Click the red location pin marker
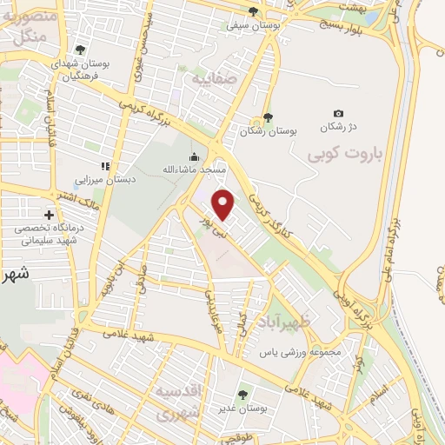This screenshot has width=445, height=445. [x=223, y=205]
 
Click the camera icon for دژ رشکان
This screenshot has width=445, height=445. [x=338, y=114]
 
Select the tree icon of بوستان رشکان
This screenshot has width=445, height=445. [x=267, y=118]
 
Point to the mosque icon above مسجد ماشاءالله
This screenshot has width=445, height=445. [x=194, y=156]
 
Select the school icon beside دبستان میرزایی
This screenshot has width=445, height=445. [x=105, y=166]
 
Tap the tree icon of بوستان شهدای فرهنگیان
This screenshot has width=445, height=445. [x=81, y=50]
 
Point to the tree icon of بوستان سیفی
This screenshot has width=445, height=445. [x=253, y=12]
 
